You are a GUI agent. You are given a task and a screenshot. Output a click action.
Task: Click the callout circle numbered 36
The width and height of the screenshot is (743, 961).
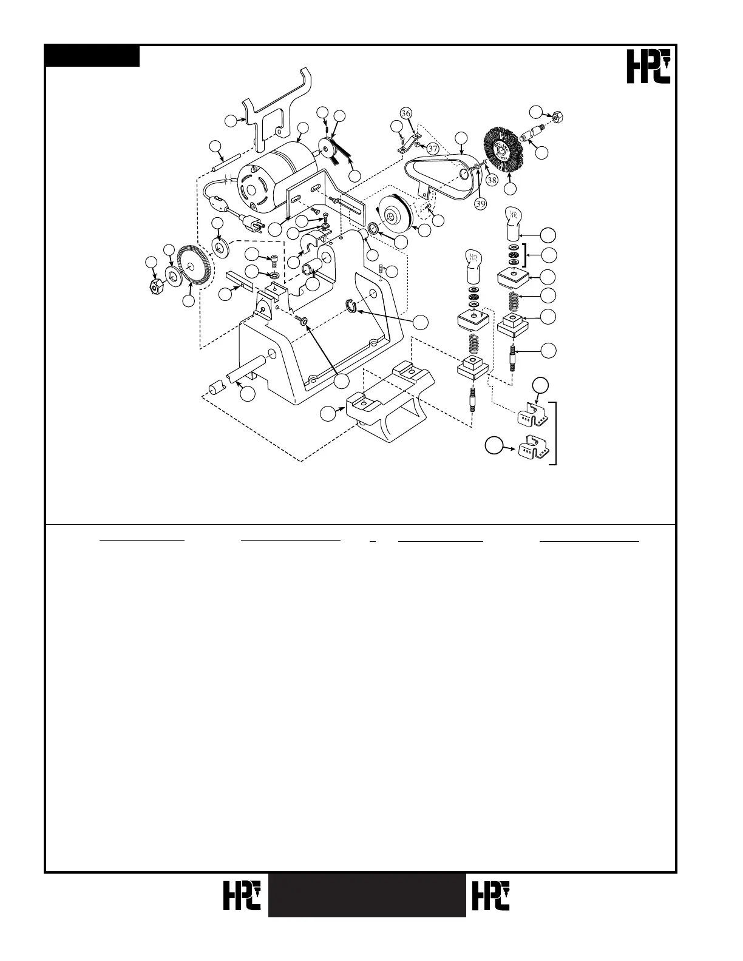pyautogui.click(x=406, y=113)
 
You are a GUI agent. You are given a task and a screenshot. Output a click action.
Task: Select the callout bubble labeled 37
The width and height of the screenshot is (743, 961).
pyautogui.click(x=432, y=148)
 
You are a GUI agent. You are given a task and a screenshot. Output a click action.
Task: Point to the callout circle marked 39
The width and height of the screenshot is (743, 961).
pyautogui.click(x=480, y=204)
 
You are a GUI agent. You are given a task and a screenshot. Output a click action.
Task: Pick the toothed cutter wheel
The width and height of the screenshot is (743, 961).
pyautogui.click(x=195, y=270)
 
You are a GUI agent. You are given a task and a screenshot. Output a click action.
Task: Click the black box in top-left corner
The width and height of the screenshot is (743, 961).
pyautogui.click(x=92, y=56)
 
